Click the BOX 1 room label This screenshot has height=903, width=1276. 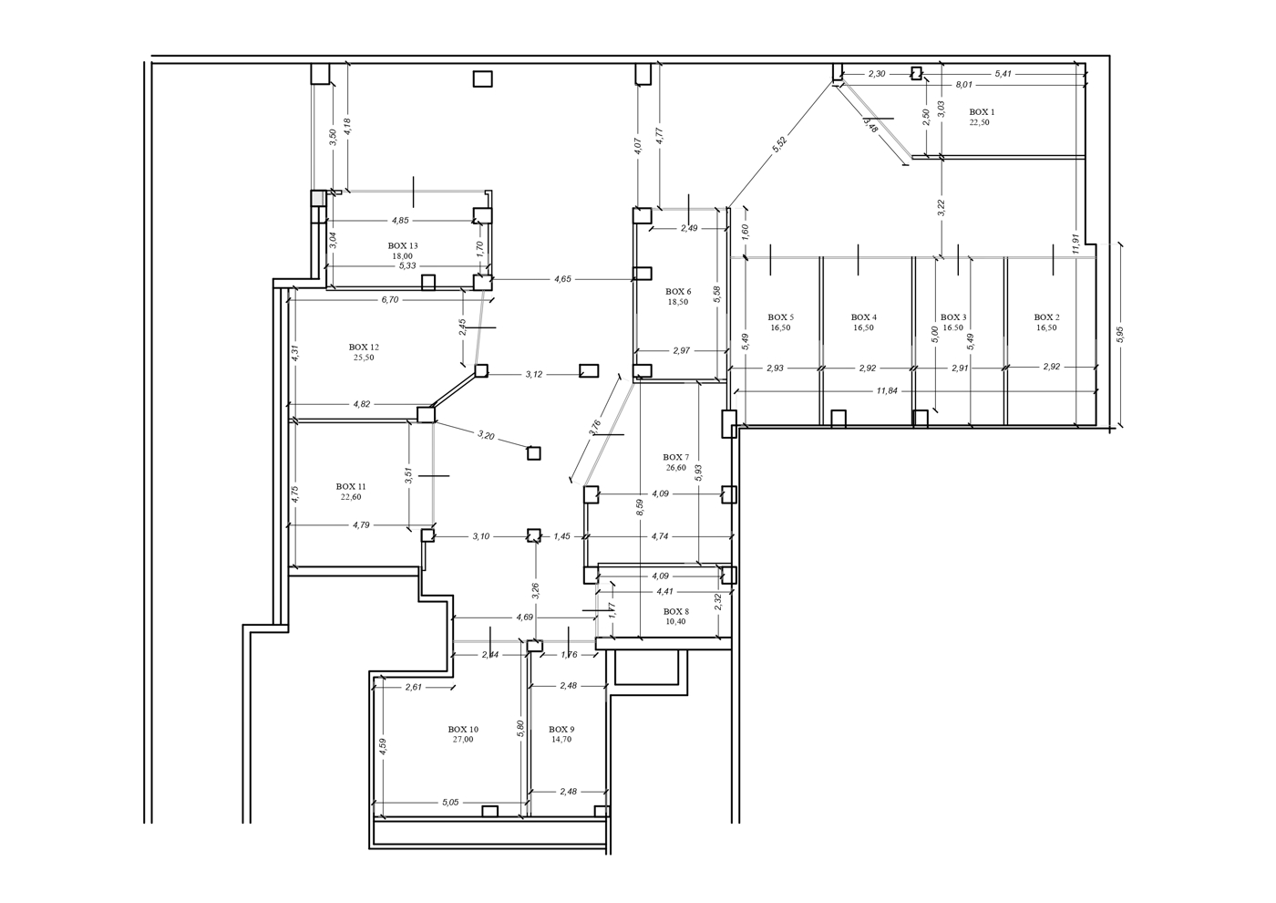[x=983, y=112]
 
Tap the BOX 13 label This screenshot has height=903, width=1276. [x=403, y=245]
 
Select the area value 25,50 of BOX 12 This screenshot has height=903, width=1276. [x=364, y=358]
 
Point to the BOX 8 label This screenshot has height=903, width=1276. [x=676, y=612]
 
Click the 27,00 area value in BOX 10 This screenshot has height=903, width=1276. [x=463, y=740]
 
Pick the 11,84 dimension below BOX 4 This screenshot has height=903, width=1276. [x=887, y=390]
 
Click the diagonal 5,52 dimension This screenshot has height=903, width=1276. [x=779, y=145]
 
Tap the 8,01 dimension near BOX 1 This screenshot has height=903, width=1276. [x=964, y=85]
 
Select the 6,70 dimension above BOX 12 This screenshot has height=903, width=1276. [x=390, y=299]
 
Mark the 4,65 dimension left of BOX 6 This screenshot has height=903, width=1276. [x=562, y=279]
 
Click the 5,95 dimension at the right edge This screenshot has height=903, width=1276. [x=1120, y=334]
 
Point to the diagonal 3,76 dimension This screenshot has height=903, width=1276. [x=594, y=428]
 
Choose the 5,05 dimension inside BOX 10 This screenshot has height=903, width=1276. [x=450, y=802]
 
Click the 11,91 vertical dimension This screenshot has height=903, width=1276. [x=1075, y=244]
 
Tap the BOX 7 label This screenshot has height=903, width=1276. [x=676, y=457]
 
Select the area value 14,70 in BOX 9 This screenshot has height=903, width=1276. [x=561, y=740]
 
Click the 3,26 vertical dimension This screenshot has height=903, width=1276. [x=535, y=591]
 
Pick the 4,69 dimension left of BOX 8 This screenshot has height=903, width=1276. [x=525, y=617]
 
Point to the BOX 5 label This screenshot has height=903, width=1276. [x=781, y=317]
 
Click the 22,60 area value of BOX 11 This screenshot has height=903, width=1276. [x=351, y=496]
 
